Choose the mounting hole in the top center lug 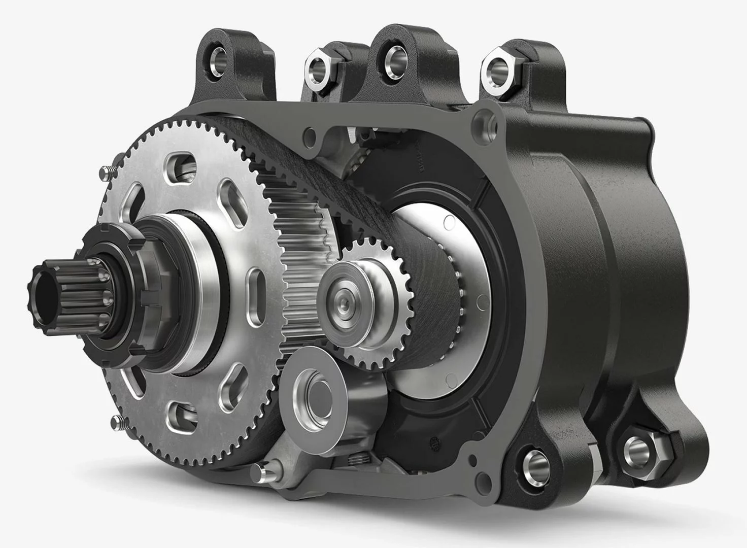pyautogui.click(x=392, y=55)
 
